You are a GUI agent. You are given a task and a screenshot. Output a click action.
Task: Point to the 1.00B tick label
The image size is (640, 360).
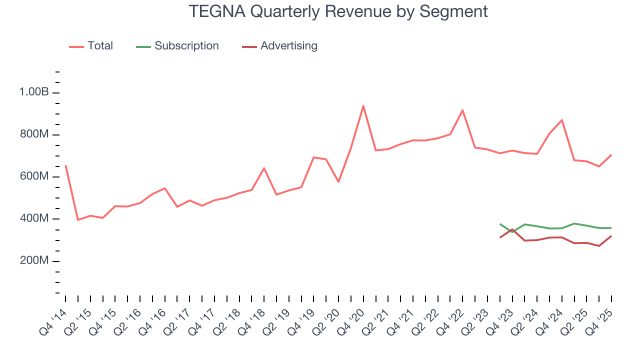(34, 92)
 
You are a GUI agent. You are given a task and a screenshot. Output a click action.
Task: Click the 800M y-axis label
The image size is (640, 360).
(34, 135)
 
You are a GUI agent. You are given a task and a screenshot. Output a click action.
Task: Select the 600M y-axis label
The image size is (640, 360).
(34, 177)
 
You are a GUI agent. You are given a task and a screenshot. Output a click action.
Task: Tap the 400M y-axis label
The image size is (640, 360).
(34, 219)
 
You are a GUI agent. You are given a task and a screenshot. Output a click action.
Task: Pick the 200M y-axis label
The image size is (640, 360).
(34, 261)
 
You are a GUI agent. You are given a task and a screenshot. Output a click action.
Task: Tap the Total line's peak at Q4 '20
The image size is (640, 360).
(363, 105)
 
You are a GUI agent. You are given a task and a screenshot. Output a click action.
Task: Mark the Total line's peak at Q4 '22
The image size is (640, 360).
(462, 110)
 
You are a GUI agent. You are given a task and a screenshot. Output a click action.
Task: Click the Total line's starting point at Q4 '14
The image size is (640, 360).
(65, 165)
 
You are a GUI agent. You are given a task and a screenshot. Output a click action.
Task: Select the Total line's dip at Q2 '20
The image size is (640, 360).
(338, 181)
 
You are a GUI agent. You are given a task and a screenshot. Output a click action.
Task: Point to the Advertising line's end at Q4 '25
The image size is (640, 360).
(611, 236)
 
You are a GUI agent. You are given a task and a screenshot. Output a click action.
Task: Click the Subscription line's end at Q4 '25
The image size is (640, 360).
(611, 228)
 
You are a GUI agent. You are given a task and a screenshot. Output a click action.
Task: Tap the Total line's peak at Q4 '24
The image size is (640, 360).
(561, 120)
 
